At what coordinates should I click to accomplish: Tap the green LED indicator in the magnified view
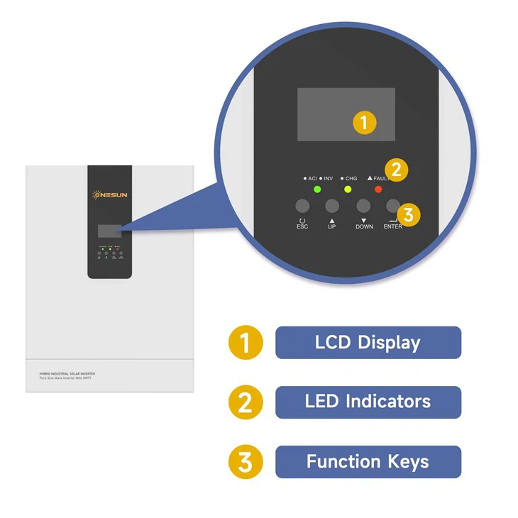[x=316, y=189]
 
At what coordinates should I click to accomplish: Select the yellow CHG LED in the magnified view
[x=348, y=189]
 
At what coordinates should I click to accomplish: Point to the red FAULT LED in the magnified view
[x=378, y=189]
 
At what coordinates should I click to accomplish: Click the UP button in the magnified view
[x=332, y=206]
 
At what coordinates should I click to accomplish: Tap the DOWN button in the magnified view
[x=363, y=206]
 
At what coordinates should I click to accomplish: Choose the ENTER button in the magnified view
[x=392, y=206]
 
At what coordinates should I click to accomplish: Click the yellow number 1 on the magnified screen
[x=364, y=123]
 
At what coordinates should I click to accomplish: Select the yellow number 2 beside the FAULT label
[x=397, y=170]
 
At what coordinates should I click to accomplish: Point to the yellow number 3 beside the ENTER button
[x=409, y=214]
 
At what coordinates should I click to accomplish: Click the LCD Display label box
[x=368, y=342]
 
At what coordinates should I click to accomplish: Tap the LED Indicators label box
[x=368, y=402]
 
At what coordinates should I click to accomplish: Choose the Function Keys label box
[x=368, y=461]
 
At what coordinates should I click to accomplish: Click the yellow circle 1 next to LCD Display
[x=245, y=343]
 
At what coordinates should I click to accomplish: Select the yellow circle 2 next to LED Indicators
[x=245, y=402]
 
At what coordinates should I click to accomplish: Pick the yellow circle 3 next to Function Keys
[x=245, y=462]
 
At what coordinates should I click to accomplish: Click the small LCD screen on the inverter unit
[x=109, y=231]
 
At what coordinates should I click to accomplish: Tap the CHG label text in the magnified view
[x=351, y=178]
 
